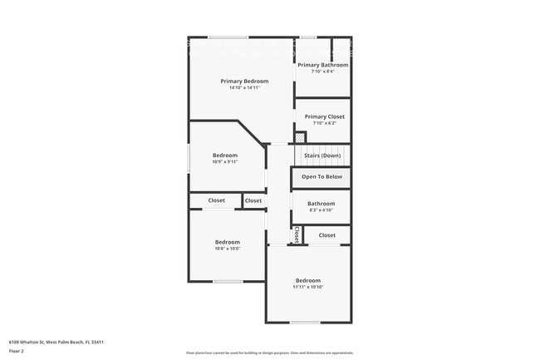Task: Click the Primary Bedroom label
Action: pos(244,81)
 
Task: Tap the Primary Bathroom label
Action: pos(322,64)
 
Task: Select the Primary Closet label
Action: pos(324,116)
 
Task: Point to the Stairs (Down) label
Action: pos(322,155)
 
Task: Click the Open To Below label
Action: pos(322,176)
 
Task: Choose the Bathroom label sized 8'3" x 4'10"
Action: pos(321,203)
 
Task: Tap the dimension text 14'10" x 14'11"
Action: pos(244,87)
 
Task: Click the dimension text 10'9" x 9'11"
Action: pos(224,161)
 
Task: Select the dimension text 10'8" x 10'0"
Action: pos(227,249)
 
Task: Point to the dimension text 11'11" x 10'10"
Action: pos(307,287)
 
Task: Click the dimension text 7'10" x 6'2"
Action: pos(324,123)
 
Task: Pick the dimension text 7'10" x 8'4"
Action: pos(322,71)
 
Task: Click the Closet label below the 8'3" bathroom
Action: pos(327,234)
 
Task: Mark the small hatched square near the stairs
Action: pos(301,137)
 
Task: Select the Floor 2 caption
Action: pos(17,351)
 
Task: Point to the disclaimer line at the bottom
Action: pos(269,353)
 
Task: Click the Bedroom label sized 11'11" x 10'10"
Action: pos(307,280)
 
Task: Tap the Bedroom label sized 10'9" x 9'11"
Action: pos(224,155)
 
